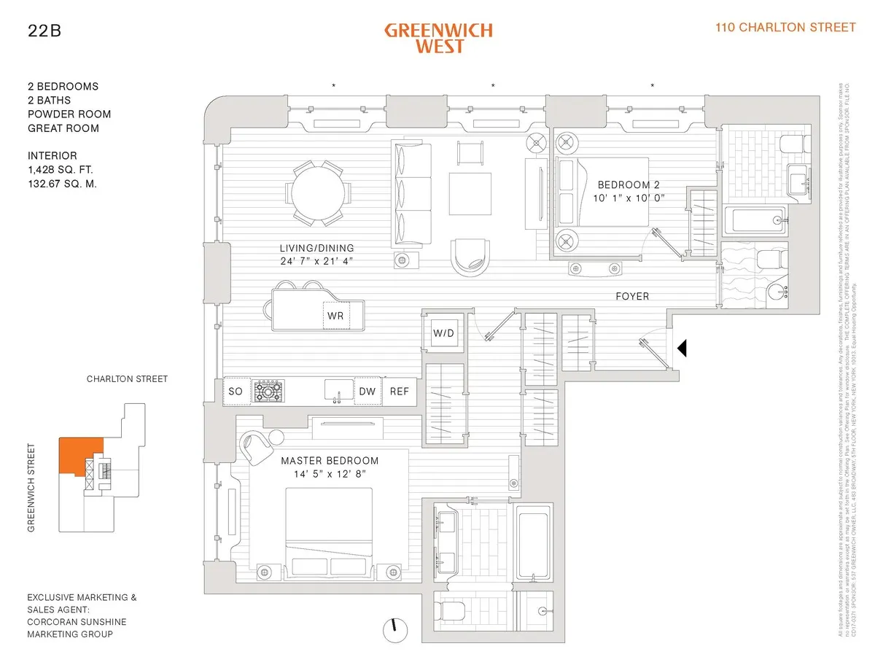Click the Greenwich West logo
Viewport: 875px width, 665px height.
(438, 38)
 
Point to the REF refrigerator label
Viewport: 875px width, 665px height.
(399, 392)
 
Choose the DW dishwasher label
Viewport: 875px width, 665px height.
(367, 392)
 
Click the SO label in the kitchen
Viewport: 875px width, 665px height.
(236, 392)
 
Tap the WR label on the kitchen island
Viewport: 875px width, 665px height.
(335, 316)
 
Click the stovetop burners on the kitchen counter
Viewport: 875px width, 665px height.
(268, 392)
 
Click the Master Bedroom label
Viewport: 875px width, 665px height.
(330, 461)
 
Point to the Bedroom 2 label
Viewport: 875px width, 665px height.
(629, 184)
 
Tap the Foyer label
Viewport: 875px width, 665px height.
(631, 296)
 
